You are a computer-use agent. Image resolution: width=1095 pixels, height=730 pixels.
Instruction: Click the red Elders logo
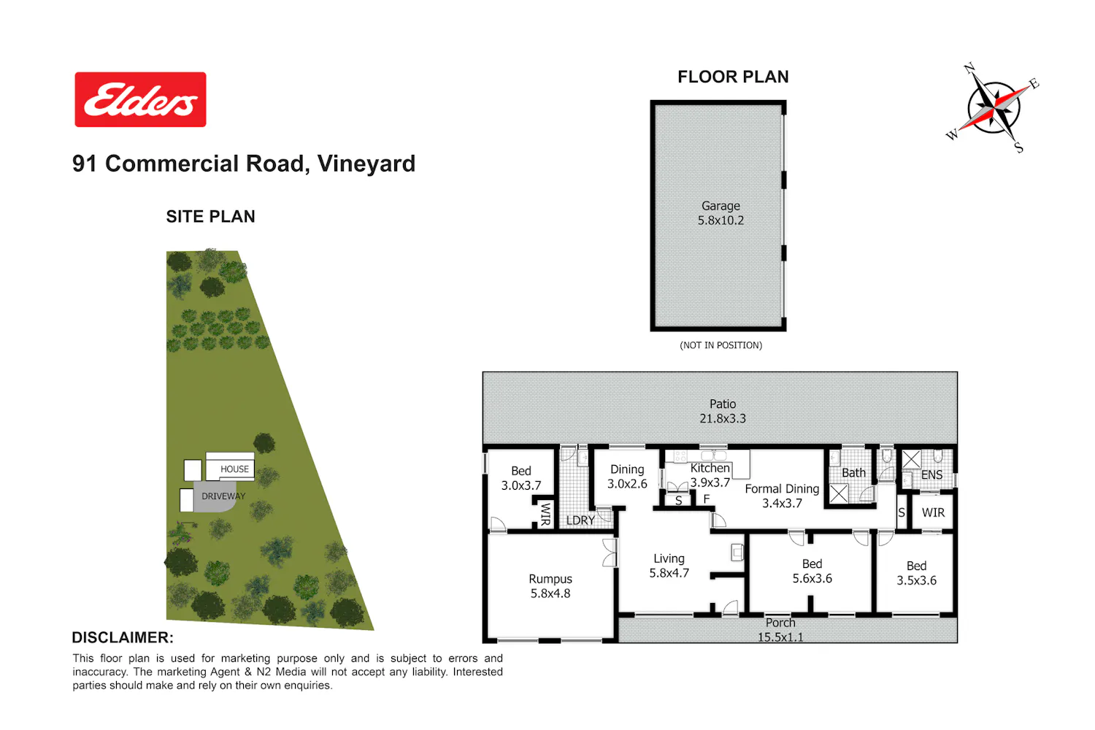click(x=140, y=100)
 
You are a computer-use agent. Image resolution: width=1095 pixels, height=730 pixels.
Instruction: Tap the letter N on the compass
click(x=970, y=69)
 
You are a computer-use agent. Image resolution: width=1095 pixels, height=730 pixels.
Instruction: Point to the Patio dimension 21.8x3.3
click(x=723, y=418)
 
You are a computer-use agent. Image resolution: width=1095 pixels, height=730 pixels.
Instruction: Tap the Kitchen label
click(x=710, y=468)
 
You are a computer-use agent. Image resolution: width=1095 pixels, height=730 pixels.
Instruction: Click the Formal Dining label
click(x=782, y=489)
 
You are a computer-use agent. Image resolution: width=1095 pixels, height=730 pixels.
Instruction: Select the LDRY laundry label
click(x=580, y=520)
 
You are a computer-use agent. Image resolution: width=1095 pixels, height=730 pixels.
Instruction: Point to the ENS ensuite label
click(x=931, y=474)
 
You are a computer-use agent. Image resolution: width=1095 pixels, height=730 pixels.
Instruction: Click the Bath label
click(x=853, y=473)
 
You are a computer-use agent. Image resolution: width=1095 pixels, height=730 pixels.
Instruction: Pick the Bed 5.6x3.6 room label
click(x=812, y=571)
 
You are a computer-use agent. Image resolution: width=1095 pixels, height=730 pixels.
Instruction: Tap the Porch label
click(x=780, y=623)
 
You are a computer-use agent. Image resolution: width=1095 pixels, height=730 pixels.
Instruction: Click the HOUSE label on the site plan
click(x=234, y=469)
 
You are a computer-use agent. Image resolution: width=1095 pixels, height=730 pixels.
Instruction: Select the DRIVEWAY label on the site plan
click(x=223, y=496)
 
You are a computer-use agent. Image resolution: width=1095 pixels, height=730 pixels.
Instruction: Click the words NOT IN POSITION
click(x=721, y=345)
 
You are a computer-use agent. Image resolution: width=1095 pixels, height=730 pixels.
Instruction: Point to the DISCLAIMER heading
click(x=123, y=637)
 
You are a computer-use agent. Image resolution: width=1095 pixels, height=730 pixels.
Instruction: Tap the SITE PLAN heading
click(x=211, y=217)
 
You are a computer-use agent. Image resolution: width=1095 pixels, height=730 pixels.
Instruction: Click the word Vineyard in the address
click(x=366, y=164)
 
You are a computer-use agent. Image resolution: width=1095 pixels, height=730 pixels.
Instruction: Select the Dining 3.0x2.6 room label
click(x=627, y=477)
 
